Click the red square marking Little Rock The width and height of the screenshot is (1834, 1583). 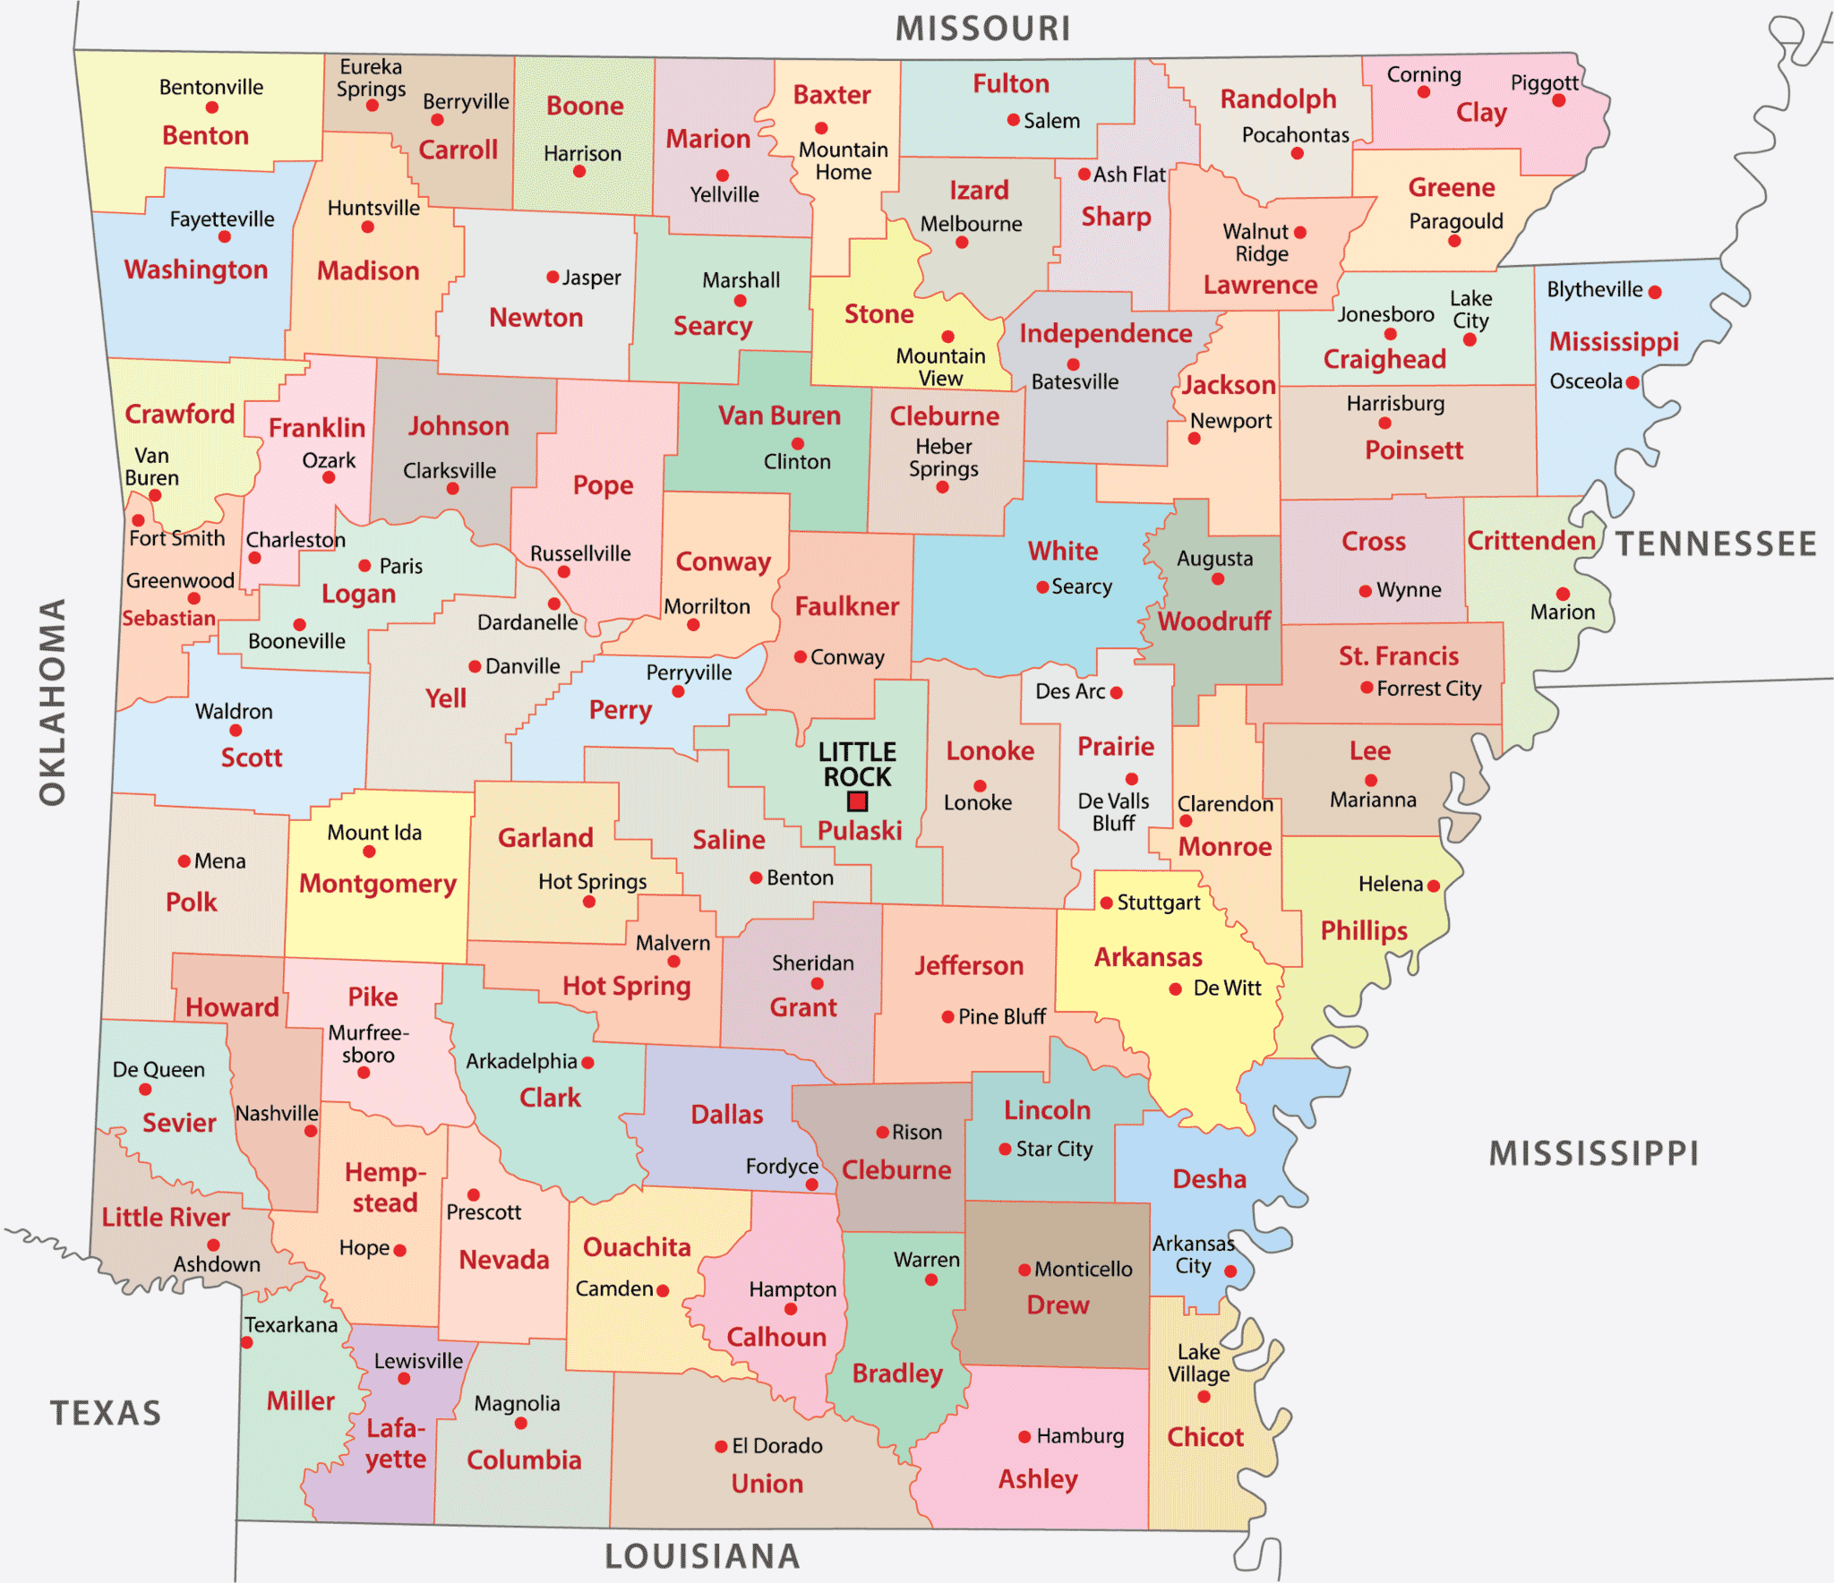pos(858,801)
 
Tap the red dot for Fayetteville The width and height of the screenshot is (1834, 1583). pos(224,237)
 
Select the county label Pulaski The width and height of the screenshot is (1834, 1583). pos(859,831)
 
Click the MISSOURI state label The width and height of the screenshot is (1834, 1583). pos(982,29)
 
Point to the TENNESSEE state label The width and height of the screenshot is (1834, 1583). pos(1715,543)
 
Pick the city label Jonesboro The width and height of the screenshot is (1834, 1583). pos(1385,314)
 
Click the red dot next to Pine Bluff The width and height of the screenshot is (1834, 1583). pos(947,1017)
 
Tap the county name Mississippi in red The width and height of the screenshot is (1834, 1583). pos(1614,342)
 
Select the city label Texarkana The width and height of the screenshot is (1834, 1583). pos(291,1325)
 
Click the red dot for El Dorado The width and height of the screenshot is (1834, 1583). pos(721,1447)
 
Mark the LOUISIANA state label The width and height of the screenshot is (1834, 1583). pos(702,1556)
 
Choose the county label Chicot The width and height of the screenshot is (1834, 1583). pos(1204,1437)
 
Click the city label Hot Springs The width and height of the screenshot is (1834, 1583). pos(592,882)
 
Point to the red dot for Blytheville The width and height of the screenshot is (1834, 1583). pos(1655,292)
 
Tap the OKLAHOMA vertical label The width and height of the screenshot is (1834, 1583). pos(52,703)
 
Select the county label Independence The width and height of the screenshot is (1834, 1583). pos(1105,334)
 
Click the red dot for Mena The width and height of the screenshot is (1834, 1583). pos(184,861)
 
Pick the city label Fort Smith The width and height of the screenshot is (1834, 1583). pos(176,538)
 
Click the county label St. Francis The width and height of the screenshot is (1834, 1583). pos(1398,656)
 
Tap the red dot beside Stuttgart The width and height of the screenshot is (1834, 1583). pos(1106,903)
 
